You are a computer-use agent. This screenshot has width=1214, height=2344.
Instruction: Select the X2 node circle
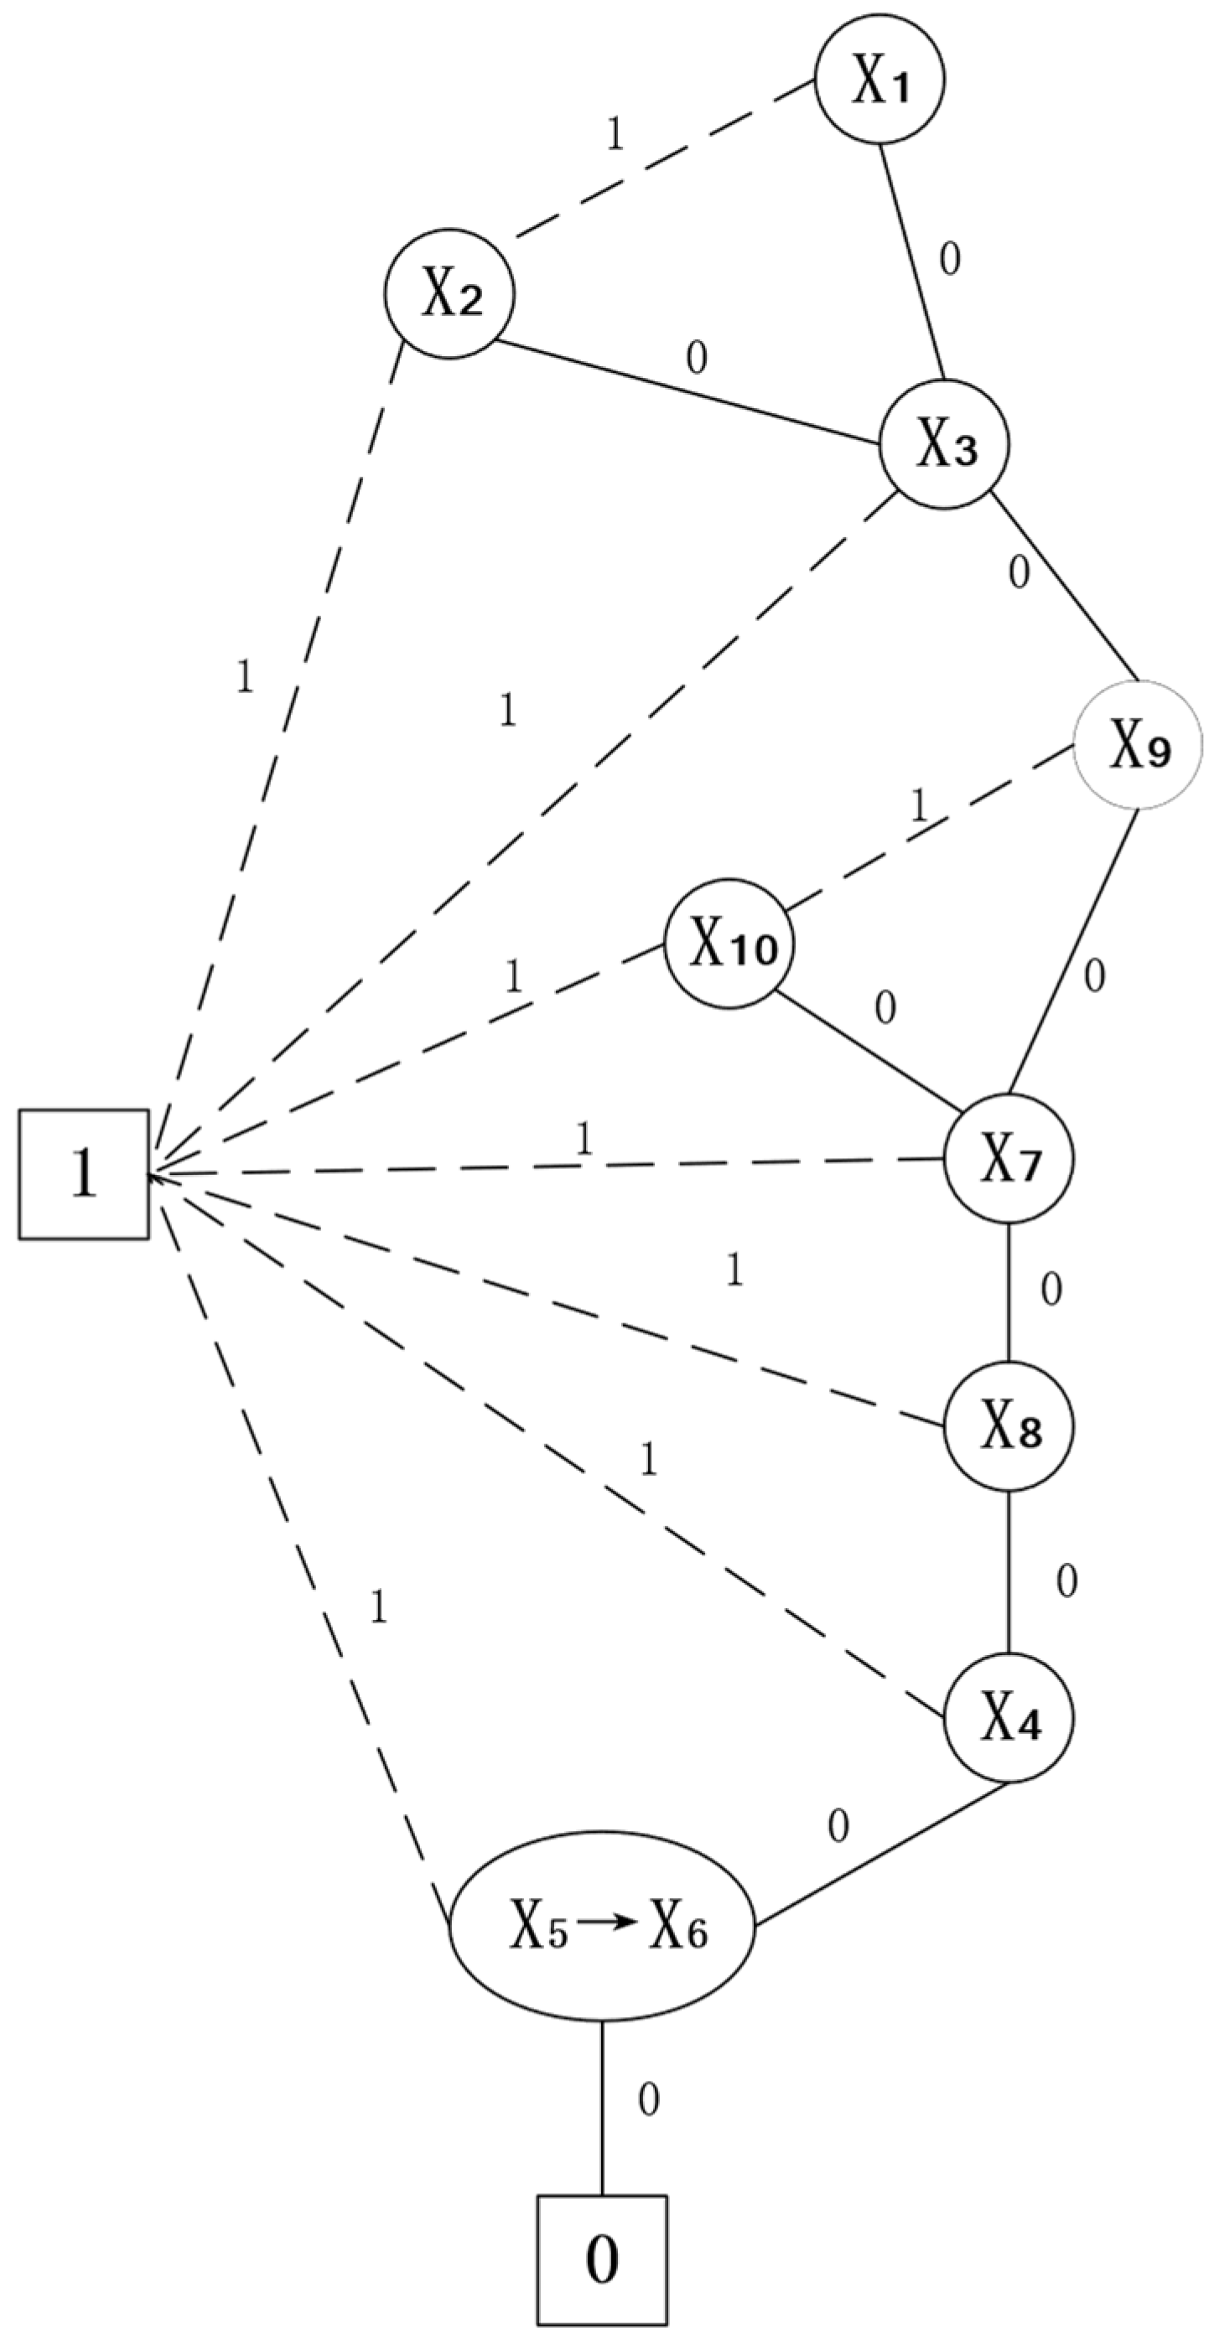click(449, 295)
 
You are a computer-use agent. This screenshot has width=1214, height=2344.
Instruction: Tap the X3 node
click(944, 447)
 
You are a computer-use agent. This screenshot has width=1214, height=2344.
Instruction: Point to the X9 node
click(1138, 745)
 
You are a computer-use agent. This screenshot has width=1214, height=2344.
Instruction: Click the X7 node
click(1009, 1159)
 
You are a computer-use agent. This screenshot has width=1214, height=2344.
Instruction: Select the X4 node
click(1009, 1717)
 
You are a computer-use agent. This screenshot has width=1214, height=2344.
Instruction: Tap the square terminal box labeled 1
click(84, 1175)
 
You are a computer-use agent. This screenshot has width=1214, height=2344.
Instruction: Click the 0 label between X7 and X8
click(1051, 1291)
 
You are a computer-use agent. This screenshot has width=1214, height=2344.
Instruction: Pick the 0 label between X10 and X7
click(885, 1008)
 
